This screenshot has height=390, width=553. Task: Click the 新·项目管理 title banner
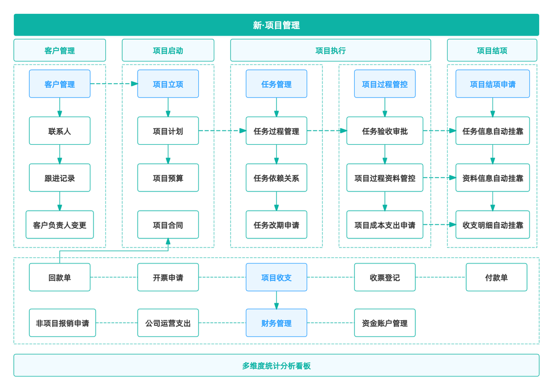(x=276, y=25)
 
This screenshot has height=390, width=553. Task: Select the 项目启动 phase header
(x=168, y=50)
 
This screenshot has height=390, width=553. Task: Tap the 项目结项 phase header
(x=492, y=50)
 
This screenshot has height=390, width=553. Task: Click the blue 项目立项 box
(x=168, y=84)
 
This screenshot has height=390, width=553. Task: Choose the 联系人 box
(x=60, y=131)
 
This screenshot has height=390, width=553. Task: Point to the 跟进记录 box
(x=60, y=178)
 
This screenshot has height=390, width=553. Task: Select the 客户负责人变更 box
(x=60, y=225)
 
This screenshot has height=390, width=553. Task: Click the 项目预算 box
(x=168, y=178)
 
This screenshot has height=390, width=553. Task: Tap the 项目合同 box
(x=168, y=225)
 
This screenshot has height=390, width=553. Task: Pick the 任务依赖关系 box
(x=276, y=178)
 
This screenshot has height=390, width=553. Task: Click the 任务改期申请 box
(x=276, y=225)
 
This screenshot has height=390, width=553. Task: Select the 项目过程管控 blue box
(x=385, y=84)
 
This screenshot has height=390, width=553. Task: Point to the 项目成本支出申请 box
(x=385, y=225)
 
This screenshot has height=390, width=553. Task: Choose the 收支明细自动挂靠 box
(x=492, y=225)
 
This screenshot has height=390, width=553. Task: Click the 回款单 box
(x=60, y=277)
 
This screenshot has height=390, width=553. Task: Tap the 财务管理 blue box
(x=276, y=323)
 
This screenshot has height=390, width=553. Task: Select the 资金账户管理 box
(x=385, y=323)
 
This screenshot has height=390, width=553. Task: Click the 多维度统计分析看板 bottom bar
(x=276, y=366)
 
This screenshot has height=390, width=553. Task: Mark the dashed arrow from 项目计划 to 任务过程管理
(x=223, y=130)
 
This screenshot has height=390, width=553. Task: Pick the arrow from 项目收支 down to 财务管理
(x=276, y=300)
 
